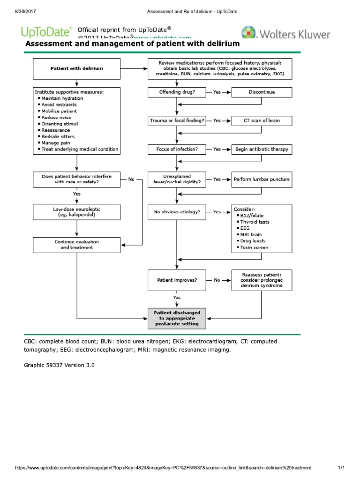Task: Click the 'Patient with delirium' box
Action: [77, 68]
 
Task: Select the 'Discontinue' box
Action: [262, 92]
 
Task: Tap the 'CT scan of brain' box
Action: [262, 120]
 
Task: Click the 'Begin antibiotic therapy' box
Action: [262, 149]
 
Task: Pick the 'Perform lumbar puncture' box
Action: [262, 179]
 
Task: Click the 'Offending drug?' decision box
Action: [176, 92]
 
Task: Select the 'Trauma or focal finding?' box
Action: [176, 120]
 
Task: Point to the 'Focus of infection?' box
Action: [176, 149]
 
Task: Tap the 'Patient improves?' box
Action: [176, 280]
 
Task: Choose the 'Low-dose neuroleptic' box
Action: [77, 211]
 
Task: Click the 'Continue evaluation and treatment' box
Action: [77, 244]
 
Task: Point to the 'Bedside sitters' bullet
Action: [58, 136]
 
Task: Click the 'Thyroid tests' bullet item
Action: [254, 222]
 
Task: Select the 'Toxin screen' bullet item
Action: [254, 247]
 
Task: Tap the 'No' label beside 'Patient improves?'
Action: [217, 280]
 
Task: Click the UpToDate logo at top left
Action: [46, 32]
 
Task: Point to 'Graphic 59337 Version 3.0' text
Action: [59, 364]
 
